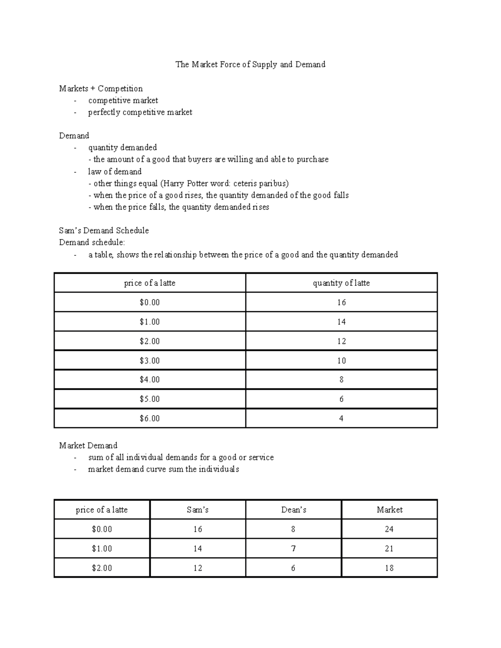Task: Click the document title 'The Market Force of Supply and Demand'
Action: point(250,64)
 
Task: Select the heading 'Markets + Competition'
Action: point(101,88)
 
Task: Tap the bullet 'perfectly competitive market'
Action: point(140,112)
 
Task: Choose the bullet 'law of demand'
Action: point(114,171)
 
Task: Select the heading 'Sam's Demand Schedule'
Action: point(104,230)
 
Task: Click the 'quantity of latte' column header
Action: point(341,283)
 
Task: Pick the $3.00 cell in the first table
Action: point(149,361)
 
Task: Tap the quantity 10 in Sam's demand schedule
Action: point(341,361)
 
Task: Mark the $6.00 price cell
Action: point(149,419)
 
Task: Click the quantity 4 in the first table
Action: point(341,419)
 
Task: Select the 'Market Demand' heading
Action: point(88,446)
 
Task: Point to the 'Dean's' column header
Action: point(294,510)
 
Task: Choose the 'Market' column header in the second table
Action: point(389,510)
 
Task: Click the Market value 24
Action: point(389,529)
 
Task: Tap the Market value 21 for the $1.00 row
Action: point(389,549)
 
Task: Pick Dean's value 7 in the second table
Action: point(294,549)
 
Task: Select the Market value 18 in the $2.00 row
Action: point(389,568)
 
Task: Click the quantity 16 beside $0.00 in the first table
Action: point(341,303)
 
